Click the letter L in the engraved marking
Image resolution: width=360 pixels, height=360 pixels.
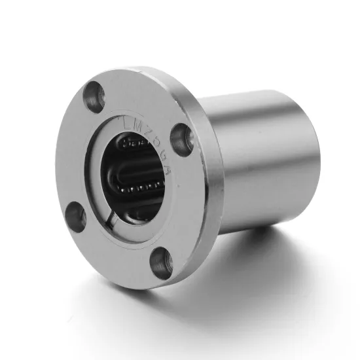pyautogui.click(x=126, y=122)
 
